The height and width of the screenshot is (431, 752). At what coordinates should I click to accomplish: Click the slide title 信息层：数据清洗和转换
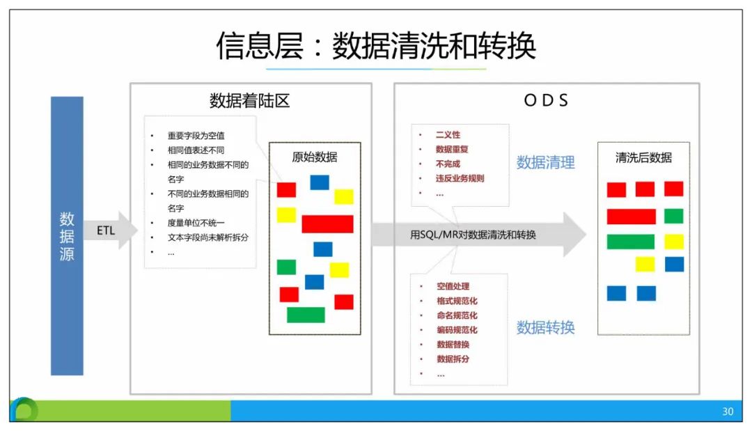[376, 46]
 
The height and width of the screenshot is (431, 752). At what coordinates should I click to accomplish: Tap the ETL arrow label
[106, 230]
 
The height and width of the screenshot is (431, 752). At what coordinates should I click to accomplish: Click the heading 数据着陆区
[249, 101]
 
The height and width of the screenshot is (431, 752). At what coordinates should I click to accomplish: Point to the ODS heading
[546, 101]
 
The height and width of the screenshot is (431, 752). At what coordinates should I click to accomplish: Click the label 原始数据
[314, 157]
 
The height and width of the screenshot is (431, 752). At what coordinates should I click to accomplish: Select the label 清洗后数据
[643, 157]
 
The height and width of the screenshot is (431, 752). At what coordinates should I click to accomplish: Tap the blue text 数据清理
[545, 163]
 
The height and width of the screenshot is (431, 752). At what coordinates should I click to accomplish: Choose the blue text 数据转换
[545, 327]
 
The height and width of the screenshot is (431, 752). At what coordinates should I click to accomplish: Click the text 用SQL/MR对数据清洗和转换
[473, 235]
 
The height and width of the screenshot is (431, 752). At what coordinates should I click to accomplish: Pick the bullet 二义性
[448, 134]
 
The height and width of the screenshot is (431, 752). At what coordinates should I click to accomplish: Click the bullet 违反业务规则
[460, 178]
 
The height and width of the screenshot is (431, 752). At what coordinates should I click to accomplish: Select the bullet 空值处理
[453, 286]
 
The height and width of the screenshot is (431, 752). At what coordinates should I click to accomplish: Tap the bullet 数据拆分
[453, 359]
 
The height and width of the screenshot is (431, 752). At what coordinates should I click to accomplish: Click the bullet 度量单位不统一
[196, 223]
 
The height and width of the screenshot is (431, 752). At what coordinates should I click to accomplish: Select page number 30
[728, 412]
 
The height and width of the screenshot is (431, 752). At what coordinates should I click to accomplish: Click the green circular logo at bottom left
[25, 410]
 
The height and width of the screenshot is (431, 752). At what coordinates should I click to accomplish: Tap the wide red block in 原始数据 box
[327, 224]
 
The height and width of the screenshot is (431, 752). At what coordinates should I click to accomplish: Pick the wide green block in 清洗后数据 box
[630, 242]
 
